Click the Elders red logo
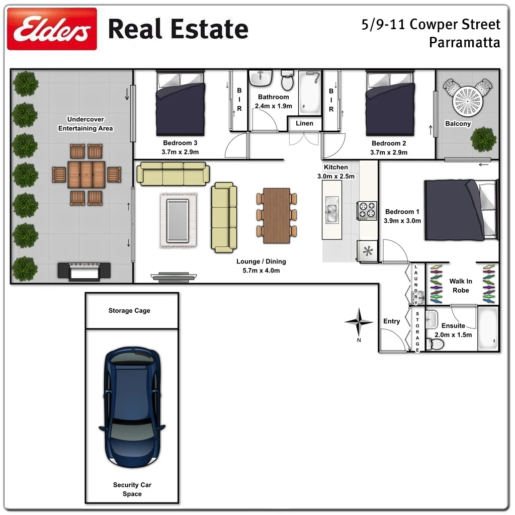52,29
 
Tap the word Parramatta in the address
464,42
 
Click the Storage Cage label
129,311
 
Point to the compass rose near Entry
359,322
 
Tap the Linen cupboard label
304,123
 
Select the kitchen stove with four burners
367,210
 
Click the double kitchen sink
331,210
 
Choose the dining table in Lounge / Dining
277,215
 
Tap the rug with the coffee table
179,220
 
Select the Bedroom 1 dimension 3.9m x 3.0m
402,221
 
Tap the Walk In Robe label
461,286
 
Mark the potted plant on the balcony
484,139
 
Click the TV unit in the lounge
168,276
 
